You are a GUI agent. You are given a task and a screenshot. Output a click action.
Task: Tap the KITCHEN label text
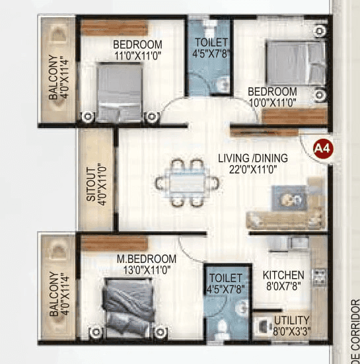(x=283, y=275)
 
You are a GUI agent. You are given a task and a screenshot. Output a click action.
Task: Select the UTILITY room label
(x=291, y=319)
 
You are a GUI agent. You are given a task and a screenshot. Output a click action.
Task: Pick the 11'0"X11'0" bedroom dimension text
(x=137, y=56)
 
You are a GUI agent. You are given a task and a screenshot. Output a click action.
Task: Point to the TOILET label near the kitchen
(x=225, y=277)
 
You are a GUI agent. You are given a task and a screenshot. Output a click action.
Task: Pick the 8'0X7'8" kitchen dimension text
(x=283, y=287)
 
